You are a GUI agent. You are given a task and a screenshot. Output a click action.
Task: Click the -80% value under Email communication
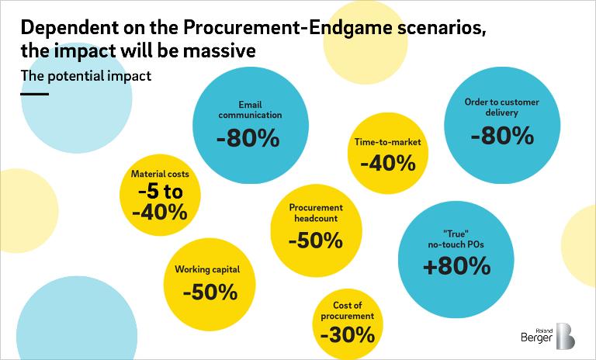pyautogui.click(x=248, y=140)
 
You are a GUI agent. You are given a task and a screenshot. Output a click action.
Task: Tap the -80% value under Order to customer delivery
pyautogui.click(x=502, y=135)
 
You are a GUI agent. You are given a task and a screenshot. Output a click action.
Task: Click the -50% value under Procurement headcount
pyautogui.click(x=315, y=241)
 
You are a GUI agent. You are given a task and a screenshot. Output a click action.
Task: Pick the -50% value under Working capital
pyautogui.click(x=210, y=292)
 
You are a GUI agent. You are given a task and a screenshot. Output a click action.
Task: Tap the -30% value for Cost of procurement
pyautogui.click(x=346, y=335)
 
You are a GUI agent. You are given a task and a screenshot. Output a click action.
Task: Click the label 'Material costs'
pyautogui.click(x=161, y=174)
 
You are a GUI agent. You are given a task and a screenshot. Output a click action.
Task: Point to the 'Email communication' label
pyautogui.click(x=249, y=109)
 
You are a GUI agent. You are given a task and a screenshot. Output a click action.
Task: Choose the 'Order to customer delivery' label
pyautogui.click(x=501, y=107)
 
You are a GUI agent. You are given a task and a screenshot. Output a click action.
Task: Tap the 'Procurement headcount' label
pyautogui.click(x=316, y=214)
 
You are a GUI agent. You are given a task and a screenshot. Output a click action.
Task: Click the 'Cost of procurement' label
pyautogui.click(x=347, y=310)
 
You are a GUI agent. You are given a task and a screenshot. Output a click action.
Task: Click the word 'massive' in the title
pyautogui.click(x=217, y=51)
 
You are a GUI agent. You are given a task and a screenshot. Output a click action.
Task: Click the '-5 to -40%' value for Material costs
pyautogui.click(x=161, y=201)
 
